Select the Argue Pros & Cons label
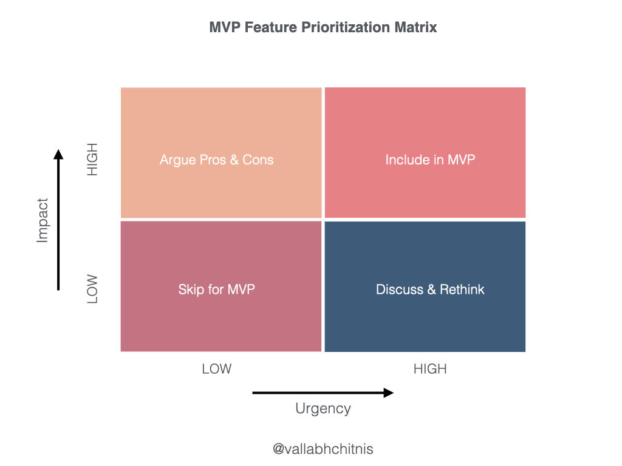(217, 160)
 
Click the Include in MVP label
(430, 160)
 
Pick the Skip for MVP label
(217, 289)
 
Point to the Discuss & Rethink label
(430, 289)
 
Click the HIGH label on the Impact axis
(92, 160)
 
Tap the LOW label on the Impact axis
(92, 289)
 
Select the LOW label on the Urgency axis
(217, 369)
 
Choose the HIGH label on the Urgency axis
(430, 369)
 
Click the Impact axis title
(43, 220)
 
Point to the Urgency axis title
(323, 408)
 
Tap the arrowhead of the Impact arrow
(58, 154)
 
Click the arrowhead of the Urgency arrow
(389, 393)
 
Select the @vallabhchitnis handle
(323, 449)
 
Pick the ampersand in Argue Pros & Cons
(234, 160)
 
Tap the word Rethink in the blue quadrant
(462, 289)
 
